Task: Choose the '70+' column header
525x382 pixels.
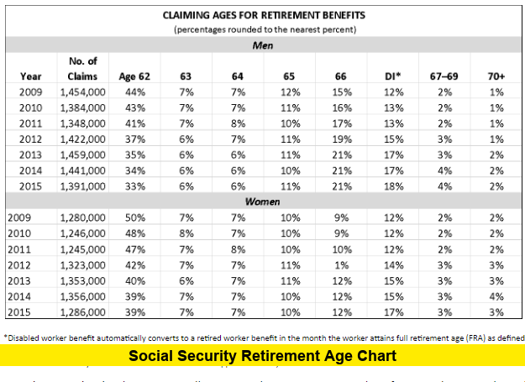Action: (x=496, y=76)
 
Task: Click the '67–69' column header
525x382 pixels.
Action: (x=444, y=76)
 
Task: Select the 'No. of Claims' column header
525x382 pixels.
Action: (x=82, y=69)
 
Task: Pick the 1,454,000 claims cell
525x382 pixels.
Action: (x=82, y=92)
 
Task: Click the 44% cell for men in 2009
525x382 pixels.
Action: (x=135, y=92)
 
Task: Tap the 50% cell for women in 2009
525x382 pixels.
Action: (x=135, y=217)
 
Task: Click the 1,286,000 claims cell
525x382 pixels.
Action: (x=82, y=312)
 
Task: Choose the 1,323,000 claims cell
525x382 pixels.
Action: (x=82, y=265)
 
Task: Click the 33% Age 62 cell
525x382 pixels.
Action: (x=135, y=186)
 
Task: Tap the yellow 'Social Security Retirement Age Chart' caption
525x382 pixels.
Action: (x=263, y=356)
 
